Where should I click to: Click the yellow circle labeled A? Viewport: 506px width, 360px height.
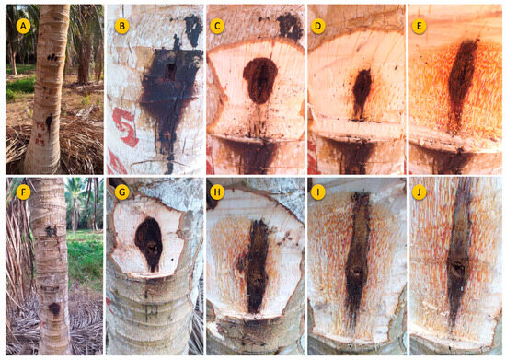(x=23, y=26)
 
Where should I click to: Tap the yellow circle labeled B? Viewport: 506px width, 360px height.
(x=122, y=26)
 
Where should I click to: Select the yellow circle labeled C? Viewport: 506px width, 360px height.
(x=217, y=26)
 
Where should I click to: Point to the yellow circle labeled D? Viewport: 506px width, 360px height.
(x=318, y=26)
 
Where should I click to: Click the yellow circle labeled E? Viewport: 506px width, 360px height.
(x=419, y=26)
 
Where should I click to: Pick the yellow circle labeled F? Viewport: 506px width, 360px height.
(x=23, y=192)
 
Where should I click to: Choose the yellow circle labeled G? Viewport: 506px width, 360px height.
(x=122, y=192)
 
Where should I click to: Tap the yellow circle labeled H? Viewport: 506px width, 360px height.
(x=217, y=192)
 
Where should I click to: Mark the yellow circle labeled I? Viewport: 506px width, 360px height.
(x=318, y=192)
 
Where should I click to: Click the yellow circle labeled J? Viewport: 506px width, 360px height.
(x=419, y=192)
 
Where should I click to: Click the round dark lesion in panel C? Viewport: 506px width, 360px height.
(x=260, y=80)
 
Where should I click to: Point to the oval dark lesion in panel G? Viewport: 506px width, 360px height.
(x=149, y=243)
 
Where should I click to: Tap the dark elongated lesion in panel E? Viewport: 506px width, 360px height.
(x=462, y=85)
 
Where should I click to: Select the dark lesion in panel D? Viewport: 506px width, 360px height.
(x=362, y=92)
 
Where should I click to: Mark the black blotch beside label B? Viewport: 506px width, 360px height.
(x=193, y=29)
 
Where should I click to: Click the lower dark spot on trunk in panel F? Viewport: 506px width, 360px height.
(x=54, y=309)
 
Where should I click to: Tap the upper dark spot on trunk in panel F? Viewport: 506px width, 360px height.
(x=51, y=230)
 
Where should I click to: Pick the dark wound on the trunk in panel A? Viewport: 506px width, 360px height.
(x=49, y=123)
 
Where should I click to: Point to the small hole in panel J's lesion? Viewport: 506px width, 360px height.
(x=457, y=268)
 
